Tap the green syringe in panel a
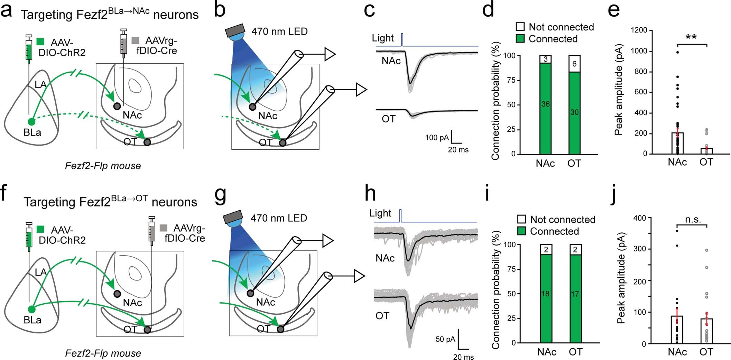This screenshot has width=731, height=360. (29, 52)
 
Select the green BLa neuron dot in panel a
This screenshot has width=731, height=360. (31, 122)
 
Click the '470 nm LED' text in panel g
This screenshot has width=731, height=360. (279, 218)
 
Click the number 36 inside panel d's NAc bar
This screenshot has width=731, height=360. (545, 104)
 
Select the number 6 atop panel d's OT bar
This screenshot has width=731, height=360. (574, 64)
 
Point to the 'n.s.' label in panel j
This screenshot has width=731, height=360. (693, 219)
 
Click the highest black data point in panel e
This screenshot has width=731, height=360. (677, 52)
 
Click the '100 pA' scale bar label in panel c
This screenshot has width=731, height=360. (436, 138)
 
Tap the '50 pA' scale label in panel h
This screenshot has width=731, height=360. (445, 339)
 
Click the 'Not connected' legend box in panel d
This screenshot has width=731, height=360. (520, 27)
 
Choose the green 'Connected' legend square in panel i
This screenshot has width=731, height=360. (521, 231)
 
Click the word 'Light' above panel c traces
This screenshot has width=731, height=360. (383, 38)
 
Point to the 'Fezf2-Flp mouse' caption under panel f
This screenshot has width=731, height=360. (103, 353)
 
